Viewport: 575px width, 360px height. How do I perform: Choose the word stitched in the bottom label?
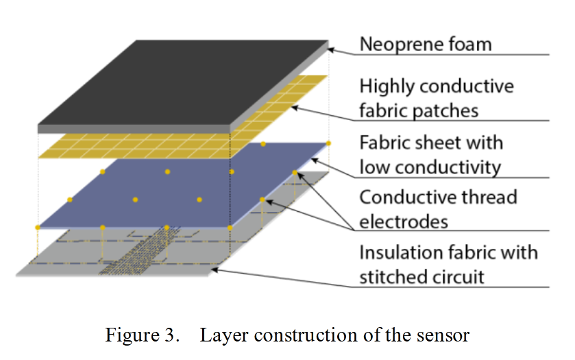pyautogui.click(x=395, y=276)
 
